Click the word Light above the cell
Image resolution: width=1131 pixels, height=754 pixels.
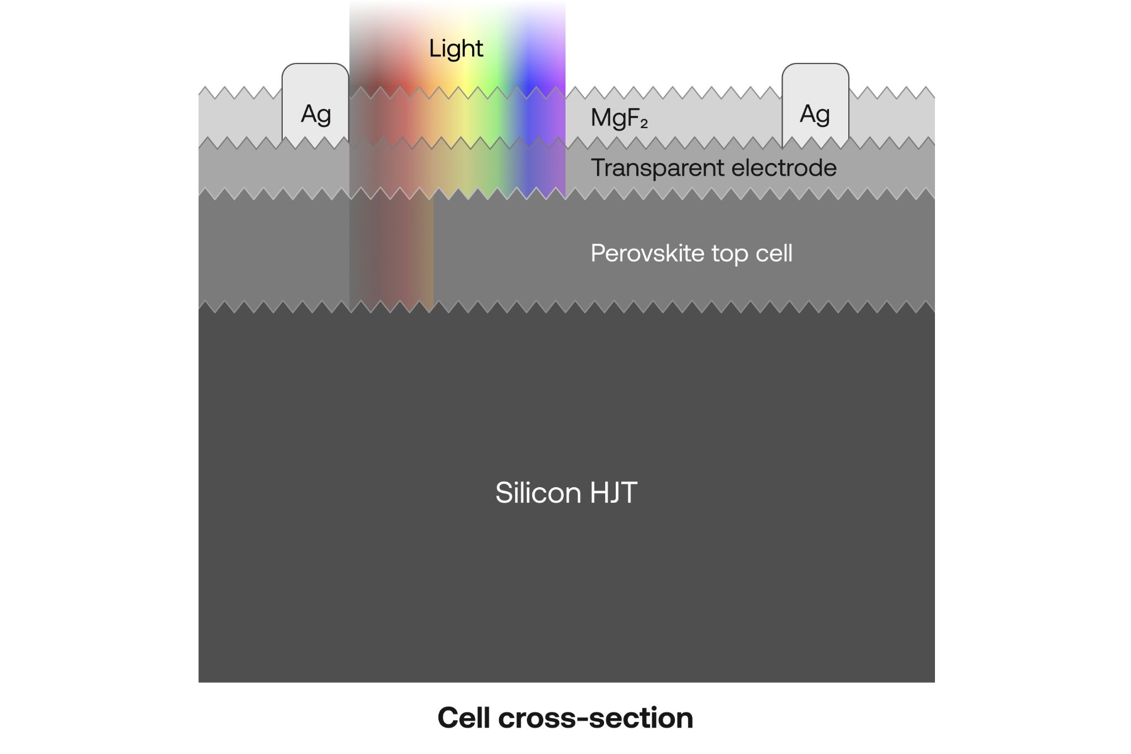pos(456,49)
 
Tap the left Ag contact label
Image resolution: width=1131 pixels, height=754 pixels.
pos(315,114)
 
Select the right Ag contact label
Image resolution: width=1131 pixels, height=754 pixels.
pos(815,114)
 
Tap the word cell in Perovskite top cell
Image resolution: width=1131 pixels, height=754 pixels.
pos(774,254)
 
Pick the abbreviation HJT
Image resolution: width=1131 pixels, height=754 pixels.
pos(614,493)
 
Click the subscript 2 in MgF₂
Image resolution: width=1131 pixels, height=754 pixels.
pos(643,124)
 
